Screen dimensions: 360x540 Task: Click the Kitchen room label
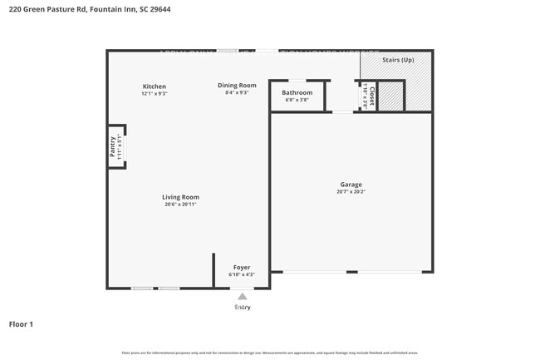pyautogui.click(x=155, y=86)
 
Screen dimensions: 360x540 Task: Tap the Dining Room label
pyautogui.click(x=237, y=85)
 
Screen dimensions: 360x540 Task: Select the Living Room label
pyautogui.click(x=180, y=197)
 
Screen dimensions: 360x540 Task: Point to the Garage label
pyautogui.click(x=351, y=185)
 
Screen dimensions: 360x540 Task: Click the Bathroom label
pyautogui.click(x=297, y=92)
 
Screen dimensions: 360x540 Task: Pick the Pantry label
pyautogui.click(x=113, y=146)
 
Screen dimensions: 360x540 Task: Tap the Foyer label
pyautogui.click(x=242, y=268)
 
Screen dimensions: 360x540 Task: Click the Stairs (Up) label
pyautogui.click(x=398, y=60)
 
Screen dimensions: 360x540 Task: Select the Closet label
pyautogui.click(x=371, y=95)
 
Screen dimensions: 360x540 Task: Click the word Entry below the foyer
pyautogui.click(x=242, y=307)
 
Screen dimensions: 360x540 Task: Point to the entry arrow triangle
pyautogui.click(x=242, y=295)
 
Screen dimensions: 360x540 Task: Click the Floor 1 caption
pyautogui.click(x=21, y=324)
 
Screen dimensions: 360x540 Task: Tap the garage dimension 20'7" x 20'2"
pyautogui.click(x=351, y=192)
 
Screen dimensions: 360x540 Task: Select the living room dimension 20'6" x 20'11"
pyautogui.click(x=180, y=205)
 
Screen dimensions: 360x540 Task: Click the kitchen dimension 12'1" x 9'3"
pyautogui.click(x=155, y=94)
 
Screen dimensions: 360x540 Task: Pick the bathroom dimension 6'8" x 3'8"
pyautogui.click(x=297, y=100)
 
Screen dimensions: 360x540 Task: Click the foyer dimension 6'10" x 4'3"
pyautogui.click(x=242, y=274)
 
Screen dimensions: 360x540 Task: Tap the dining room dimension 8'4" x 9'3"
pyautogui.click(x=237, y=92)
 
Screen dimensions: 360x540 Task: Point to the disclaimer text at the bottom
pyautogui.click(x=270, y=353)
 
